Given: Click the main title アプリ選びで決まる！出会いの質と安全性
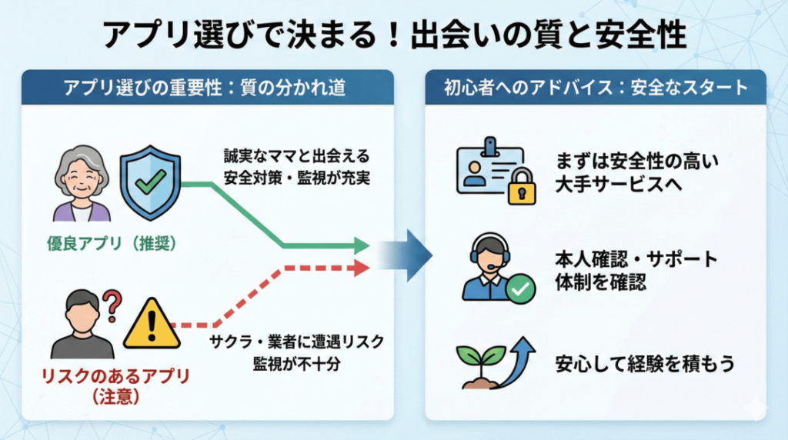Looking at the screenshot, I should pos(394,35).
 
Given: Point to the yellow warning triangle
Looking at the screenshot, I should pos(152,324).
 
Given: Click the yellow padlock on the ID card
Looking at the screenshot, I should pos(522,187).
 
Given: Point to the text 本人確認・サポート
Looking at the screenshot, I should pos(636,258).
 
